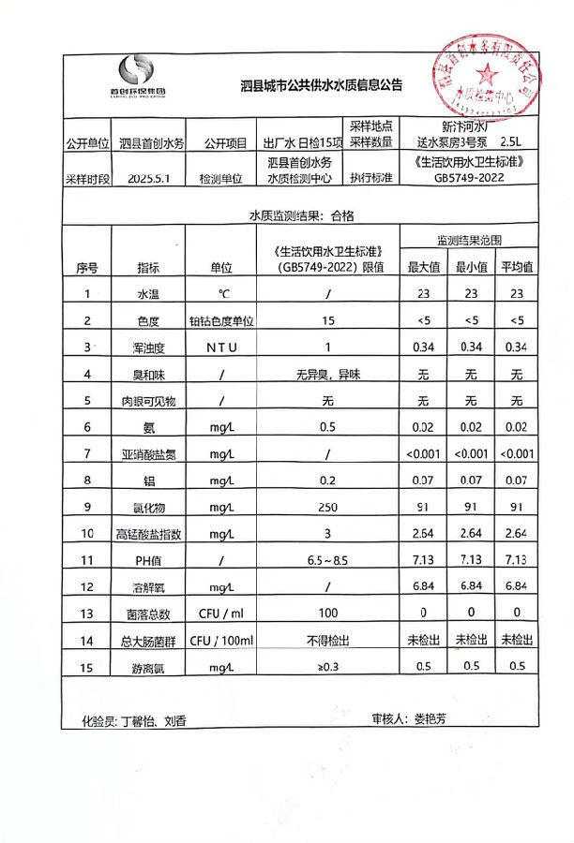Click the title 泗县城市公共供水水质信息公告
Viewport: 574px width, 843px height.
pyautogui.click(x=321, y=86)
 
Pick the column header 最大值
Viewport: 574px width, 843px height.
pyautogui.click(x=423, y=267)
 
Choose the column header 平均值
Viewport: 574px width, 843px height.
pyautogui.click(x=516, y=267)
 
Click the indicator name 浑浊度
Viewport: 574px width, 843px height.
pyautogui.click(x=148, y=348)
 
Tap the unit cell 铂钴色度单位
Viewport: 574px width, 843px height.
pyautogui.click(x=222, y=321)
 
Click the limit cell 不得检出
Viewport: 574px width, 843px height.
pyautogui.click(x=328, y=641)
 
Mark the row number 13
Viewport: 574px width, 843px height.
pyautogui.click(x=87, y=614)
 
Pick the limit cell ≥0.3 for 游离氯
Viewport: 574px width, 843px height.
pyautogui.click(x=328, y=668)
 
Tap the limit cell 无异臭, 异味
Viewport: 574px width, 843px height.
pyautogui.click(x=328, y=375)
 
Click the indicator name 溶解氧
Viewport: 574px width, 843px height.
pyautogui.click(x=148, y=587)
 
